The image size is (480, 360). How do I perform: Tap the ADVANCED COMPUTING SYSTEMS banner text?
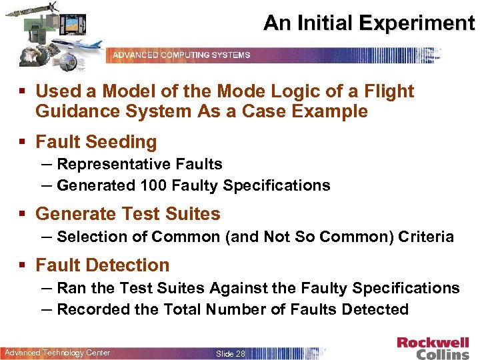pyautogui.click(x=181, y=55)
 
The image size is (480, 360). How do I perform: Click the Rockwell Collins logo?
pyautogui.click(x=433, y=348)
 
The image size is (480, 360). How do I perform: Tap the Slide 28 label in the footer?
pyautogui.click(x=231, y=353)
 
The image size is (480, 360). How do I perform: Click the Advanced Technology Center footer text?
pyautogui.click(x=57, y=353)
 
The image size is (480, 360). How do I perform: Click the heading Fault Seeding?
pyautogui.click(x=96, y=142)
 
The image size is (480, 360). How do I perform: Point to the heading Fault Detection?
pyautogui.click(x=102, y=265)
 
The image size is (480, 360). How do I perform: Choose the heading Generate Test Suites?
pyautogui.click(x=127, y=214)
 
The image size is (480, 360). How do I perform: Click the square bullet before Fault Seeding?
pyautogui.click(x=23, y=143)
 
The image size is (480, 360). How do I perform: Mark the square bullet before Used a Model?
pyautogui.click(x=23, y=91)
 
